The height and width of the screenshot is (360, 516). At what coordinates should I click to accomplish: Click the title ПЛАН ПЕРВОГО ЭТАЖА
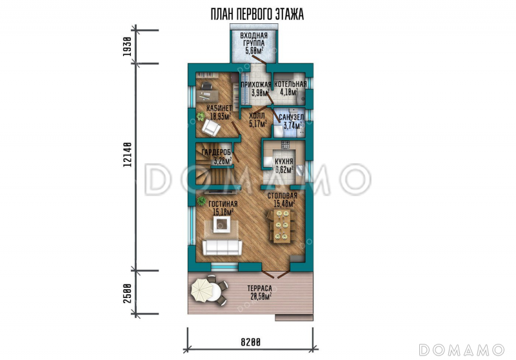[257, 14]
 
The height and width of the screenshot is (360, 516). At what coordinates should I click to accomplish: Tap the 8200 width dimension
[251, 342]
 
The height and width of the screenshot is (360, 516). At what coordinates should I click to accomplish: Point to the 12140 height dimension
[127, 154]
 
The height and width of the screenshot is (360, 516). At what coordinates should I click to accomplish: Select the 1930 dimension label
[127, 46]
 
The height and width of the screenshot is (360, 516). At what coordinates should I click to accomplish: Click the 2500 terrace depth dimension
[127, 293]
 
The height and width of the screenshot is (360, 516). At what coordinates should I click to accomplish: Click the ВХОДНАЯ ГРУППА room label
[253, 39]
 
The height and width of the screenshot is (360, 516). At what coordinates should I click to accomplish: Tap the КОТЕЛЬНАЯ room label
[290, 85]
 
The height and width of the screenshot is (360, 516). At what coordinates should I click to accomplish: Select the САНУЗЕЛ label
[292, 117]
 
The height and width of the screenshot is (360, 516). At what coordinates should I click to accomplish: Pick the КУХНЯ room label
[284, 161]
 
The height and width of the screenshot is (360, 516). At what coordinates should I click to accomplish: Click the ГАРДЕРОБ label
[216, 152]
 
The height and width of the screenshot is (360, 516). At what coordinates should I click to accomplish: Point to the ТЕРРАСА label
[260, 288]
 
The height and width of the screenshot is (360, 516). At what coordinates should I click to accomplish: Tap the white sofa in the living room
[222, 248]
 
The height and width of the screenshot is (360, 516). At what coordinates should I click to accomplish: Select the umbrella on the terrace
[203, 290]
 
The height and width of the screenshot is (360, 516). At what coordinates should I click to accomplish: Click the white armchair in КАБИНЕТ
[210, 128]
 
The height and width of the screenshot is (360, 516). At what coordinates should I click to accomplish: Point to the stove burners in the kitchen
[285, 145]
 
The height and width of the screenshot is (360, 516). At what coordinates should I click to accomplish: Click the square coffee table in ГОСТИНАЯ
[221, 225]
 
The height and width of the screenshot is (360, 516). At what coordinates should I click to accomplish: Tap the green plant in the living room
[201, 201]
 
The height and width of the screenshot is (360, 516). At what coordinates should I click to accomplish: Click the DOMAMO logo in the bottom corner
[461, 350]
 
